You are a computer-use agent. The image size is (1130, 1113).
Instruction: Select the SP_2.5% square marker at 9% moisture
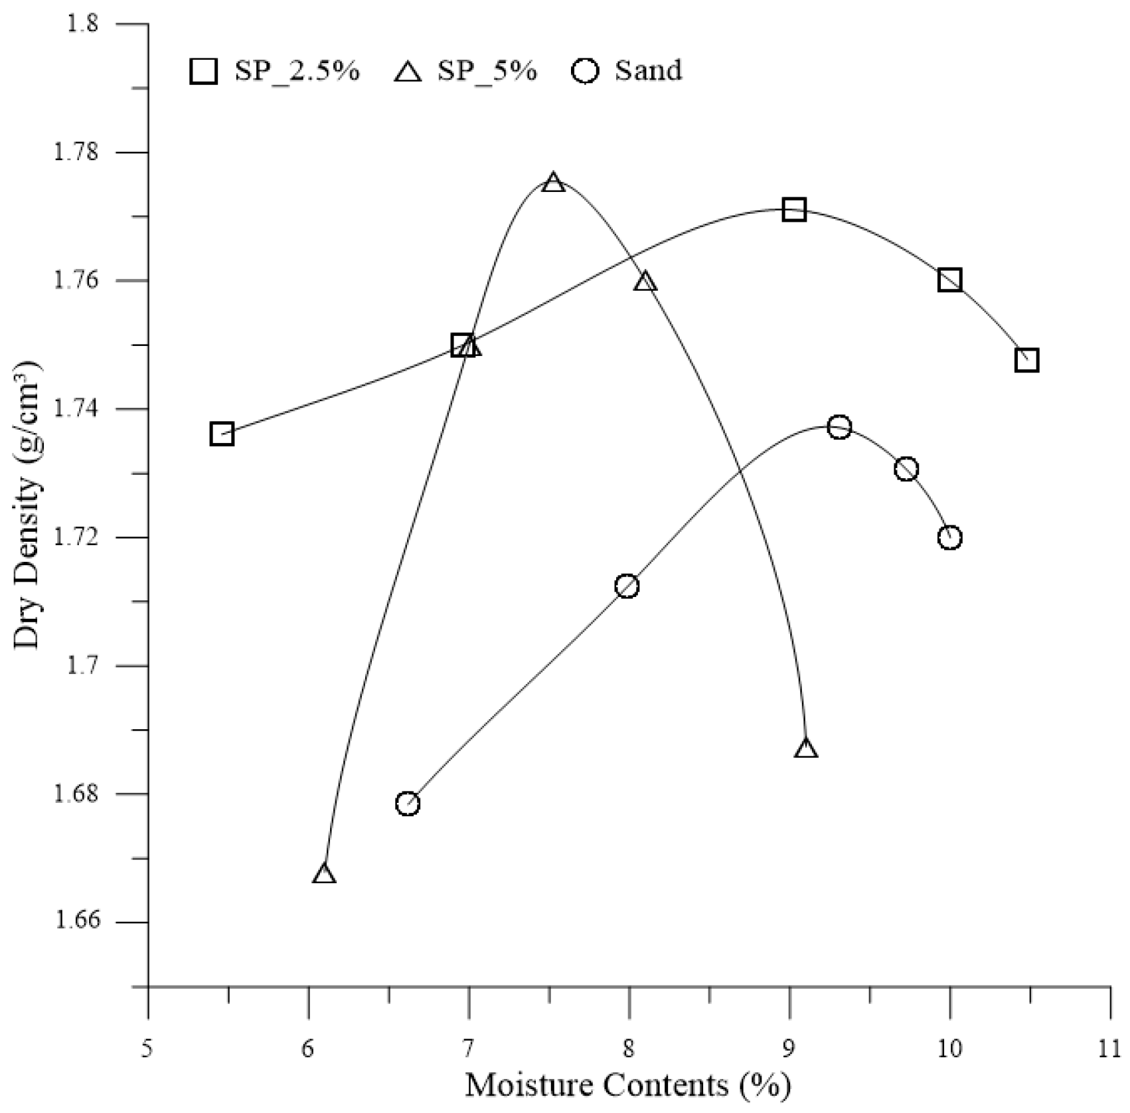coord(793,210)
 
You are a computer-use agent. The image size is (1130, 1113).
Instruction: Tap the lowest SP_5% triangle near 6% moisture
coord(323,874)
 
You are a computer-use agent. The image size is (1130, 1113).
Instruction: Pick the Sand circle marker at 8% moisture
coord(626,586)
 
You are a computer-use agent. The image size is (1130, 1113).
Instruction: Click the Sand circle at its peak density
coord(839,427)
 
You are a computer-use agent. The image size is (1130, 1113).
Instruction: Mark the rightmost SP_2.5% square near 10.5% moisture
coord(1026,361)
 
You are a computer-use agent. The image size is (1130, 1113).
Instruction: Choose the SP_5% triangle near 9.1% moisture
coord(806,748)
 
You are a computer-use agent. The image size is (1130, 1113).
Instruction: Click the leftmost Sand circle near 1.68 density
coord(408,803)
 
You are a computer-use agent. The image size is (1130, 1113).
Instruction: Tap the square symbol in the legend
coord(204,70)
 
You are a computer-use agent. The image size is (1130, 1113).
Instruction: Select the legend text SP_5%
coord(487,70)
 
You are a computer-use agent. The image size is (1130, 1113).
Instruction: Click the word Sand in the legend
coord(647,70)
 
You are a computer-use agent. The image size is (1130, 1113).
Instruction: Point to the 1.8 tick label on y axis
coord(82,25)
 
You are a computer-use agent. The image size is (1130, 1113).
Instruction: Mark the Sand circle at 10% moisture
coord(949,537)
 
